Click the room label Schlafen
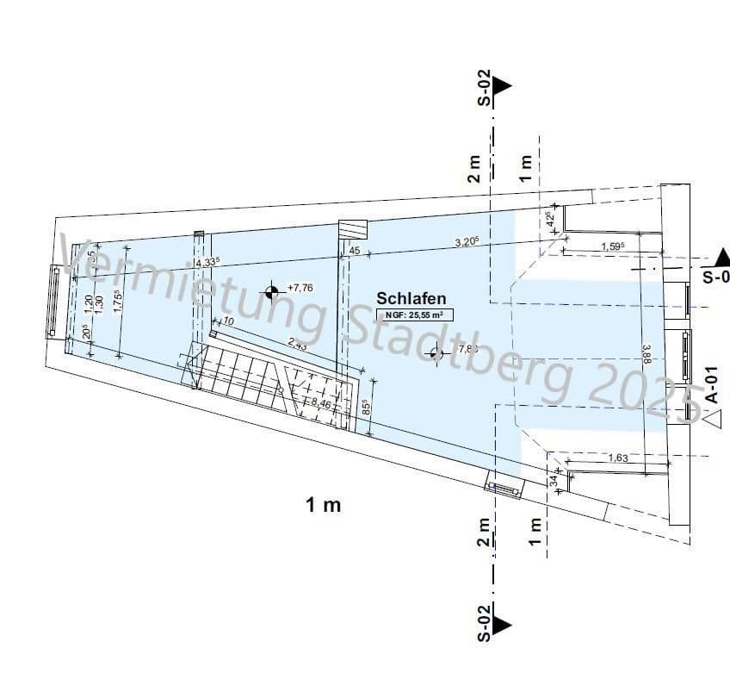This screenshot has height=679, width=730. click(411, 298)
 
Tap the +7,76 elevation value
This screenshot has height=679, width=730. click(300, 288)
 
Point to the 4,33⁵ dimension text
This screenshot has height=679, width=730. click(207, 262)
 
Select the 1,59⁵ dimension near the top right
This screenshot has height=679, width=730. click(612, 247)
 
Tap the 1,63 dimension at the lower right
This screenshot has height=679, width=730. click(617, 458)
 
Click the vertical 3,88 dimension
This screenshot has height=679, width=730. click(646, 353)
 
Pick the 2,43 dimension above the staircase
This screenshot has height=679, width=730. click(298, 344)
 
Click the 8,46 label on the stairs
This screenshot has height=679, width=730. click(321, 402)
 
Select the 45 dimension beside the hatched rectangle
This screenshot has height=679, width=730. click(354, 251)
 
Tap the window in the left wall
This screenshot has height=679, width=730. click(54, 302)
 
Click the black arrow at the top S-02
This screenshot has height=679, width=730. click(502, 84)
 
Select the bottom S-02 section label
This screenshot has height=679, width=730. click(485, 622)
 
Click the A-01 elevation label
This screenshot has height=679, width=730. click(711, 383)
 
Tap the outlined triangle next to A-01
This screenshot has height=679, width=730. click(714, 420)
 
